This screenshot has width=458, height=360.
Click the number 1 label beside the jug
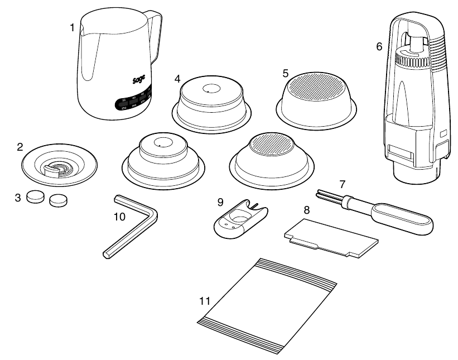click(x=72, y=26)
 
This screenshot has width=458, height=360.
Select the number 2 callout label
click(x=20, y=147)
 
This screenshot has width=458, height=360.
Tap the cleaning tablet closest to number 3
click(x=37, y=196)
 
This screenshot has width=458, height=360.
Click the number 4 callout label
click(x=177, y=78)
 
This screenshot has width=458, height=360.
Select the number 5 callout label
click(x=285, y=73)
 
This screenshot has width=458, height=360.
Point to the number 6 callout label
click(x=379, y=47)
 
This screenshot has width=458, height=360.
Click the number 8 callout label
click(x=306, y=210)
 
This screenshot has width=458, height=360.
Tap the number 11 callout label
click(x=205, y=301)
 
